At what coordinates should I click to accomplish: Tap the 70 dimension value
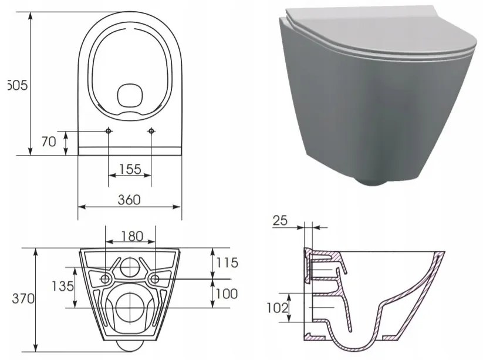(49, 142)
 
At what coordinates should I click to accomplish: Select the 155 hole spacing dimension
(130, 169)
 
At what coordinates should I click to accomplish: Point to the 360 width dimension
(129, 200)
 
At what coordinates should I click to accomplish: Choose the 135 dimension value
(62, 286)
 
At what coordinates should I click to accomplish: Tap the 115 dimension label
(226, 263)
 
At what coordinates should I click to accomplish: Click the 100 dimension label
(226, 293)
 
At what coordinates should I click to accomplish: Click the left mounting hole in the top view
(109, 130)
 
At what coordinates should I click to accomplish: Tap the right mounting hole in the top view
(151, 130)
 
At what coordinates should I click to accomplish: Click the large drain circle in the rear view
(130, 306)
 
